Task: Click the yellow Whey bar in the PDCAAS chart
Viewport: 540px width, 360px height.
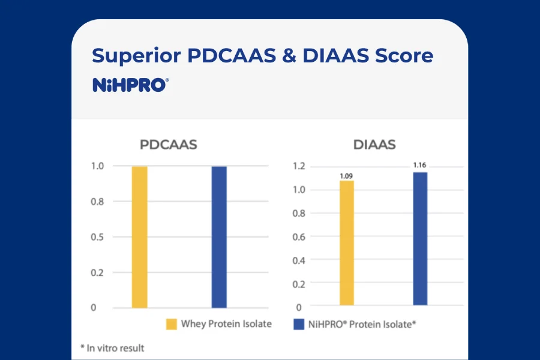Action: click(x=139, y=237)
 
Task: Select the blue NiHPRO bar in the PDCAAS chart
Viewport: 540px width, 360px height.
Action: click(x=219, y=237)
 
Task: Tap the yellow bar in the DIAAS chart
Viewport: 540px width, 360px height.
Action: click(x=347, y=243)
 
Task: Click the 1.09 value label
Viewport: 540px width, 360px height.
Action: click(x=347, y=176)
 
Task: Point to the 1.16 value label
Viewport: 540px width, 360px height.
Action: click(x=420, y=164)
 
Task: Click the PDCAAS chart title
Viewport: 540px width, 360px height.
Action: click(x=168, y=145)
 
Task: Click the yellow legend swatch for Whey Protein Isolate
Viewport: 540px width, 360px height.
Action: click(x=172, y=325)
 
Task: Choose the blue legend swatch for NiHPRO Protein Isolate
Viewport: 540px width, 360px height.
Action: click(x=298, y=325)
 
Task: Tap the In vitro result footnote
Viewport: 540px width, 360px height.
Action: click(x=112, y=347)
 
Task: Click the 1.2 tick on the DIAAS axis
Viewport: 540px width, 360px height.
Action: click(x=298, y=166)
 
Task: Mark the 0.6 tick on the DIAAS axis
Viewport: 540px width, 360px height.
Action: click(x=298, y=236)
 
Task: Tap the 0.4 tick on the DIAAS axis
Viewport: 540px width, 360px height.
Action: click(x=298, y=260)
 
